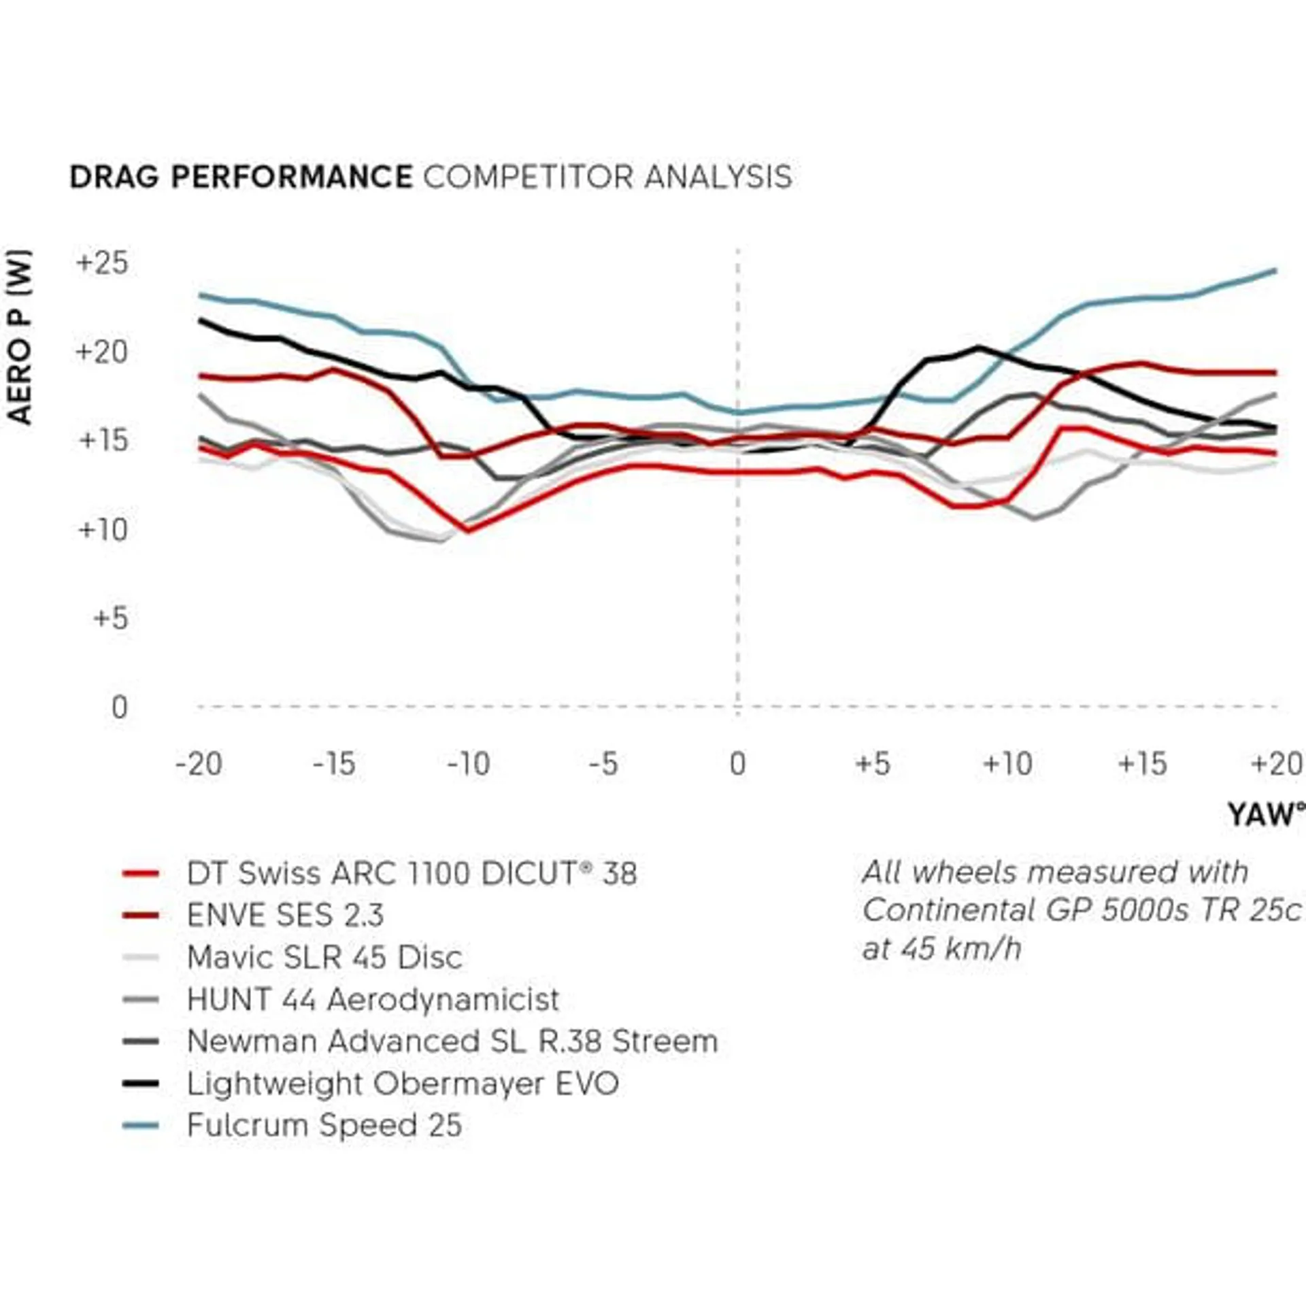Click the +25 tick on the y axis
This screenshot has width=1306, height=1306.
[102, 263]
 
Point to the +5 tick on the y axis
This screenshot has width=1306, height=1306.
[110, 618]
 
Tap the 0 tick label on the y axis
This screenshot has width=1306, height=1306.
[120, 707]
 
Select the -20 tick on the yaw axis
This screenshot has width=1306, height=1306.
[199, 764]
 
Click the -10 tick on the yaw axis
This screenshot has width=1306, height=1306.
[469, 764]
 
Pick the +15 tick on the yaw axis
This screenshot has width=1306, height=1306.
[1142, 764]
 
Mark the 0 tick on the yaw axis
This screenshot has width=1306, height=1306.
[738, 764]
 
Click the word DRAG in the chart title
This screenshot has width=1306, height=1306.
[114, 178]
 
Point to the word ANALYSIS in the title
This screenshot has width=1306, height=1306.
[718, 178]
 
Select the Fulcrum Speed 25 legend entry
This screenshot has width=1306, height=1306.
[324, 1125]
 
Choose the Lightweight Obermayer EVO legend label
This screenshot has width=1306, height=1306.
[403, 1084]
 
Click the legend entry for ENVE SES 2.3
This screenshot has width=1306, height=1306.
[285, 916]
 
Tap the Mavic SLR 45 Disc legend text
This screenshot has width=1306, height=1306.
[324, 958]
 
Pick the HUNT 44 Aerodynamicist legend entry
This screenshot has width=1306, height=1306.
[373, 1000]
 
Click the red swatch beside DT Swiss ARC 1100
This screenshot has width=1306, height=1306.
[141, 874]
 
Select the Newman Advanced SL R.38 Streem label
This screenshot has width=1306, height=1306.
[452, 1041]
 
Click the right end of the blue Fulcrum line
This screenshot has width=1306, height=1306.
[1274, 271]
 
